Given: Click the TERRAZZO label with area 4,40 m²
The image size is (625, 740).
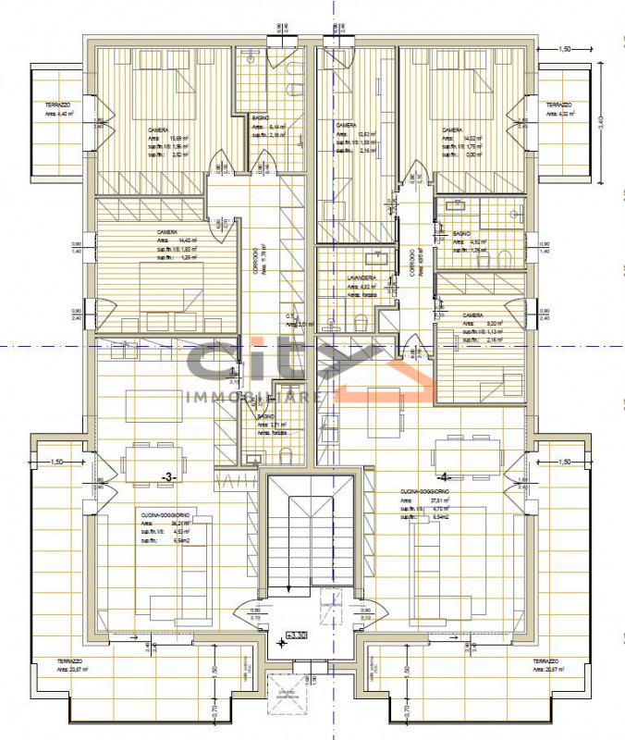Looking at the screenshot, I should pos(57,107).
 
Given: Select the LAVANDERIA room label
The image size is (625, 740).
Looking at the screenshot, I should pos(361,277).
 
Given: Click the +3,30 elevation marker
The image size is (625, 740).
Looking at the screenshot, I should pos(297,637).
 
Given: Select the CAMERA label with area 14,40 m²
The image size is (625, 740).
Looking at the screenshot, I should pos(167,232).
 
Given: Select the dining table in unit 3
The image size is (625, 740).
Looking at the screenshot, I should pos(154,460).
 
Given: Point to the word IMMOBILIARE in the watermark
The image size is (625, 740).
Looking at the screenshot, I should pos(254,397).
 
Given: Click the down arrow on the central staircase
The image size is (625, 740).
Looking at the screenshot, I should pos(290,585).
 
